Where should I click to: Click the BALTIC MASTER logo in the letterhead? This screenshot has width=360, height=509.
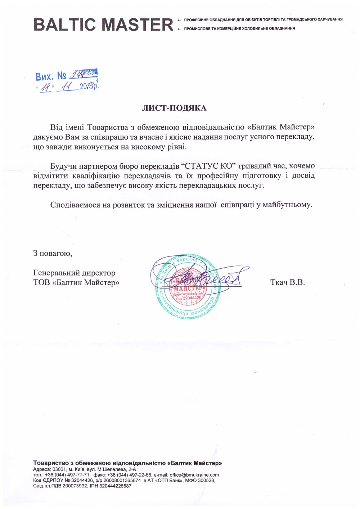(x=103, y=24)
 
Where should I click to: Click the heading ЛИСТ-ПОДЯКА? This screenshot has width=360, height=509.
(x=174, y=108)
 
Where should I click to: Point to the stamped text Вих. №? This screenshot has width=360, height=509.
(x=51, y=76)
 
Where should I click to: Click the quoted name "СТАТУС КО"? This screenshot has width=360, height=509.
(x=206, y=166)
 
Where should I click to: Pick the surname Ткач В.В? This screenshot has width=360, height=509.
(x=287, y=282)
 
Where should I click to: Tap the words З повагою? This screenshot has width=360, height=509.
(x=53, y=253)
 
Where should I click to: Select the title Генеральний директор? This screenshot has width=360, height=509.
(x=74, y=273)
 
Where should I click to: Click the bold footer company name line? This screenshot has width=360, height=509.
(x=127, y=463)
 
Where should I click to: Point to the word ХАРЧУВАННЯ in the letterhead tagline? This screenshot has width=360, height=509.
(x=330, y=19)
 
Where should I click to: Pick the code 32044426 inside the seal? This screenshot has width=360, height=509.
(x=192, y=298)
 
